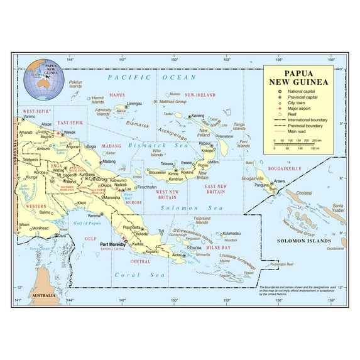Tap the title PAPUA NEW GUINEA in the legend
(298, 77)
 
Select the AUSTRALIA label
(45, 295)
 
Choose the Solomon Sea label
(180, 207)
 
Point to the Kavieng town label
(199, 116)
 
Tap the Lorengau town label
(134, 103)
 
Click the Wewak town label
(70, 133)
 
